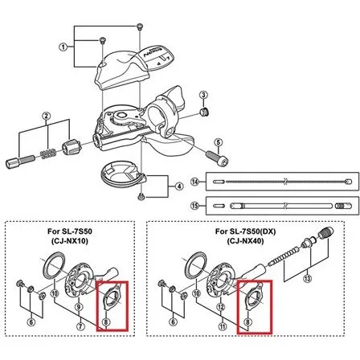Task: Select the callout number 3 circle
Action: tap(204, 95)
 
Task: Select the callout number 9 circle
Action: tap(79, 307)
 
